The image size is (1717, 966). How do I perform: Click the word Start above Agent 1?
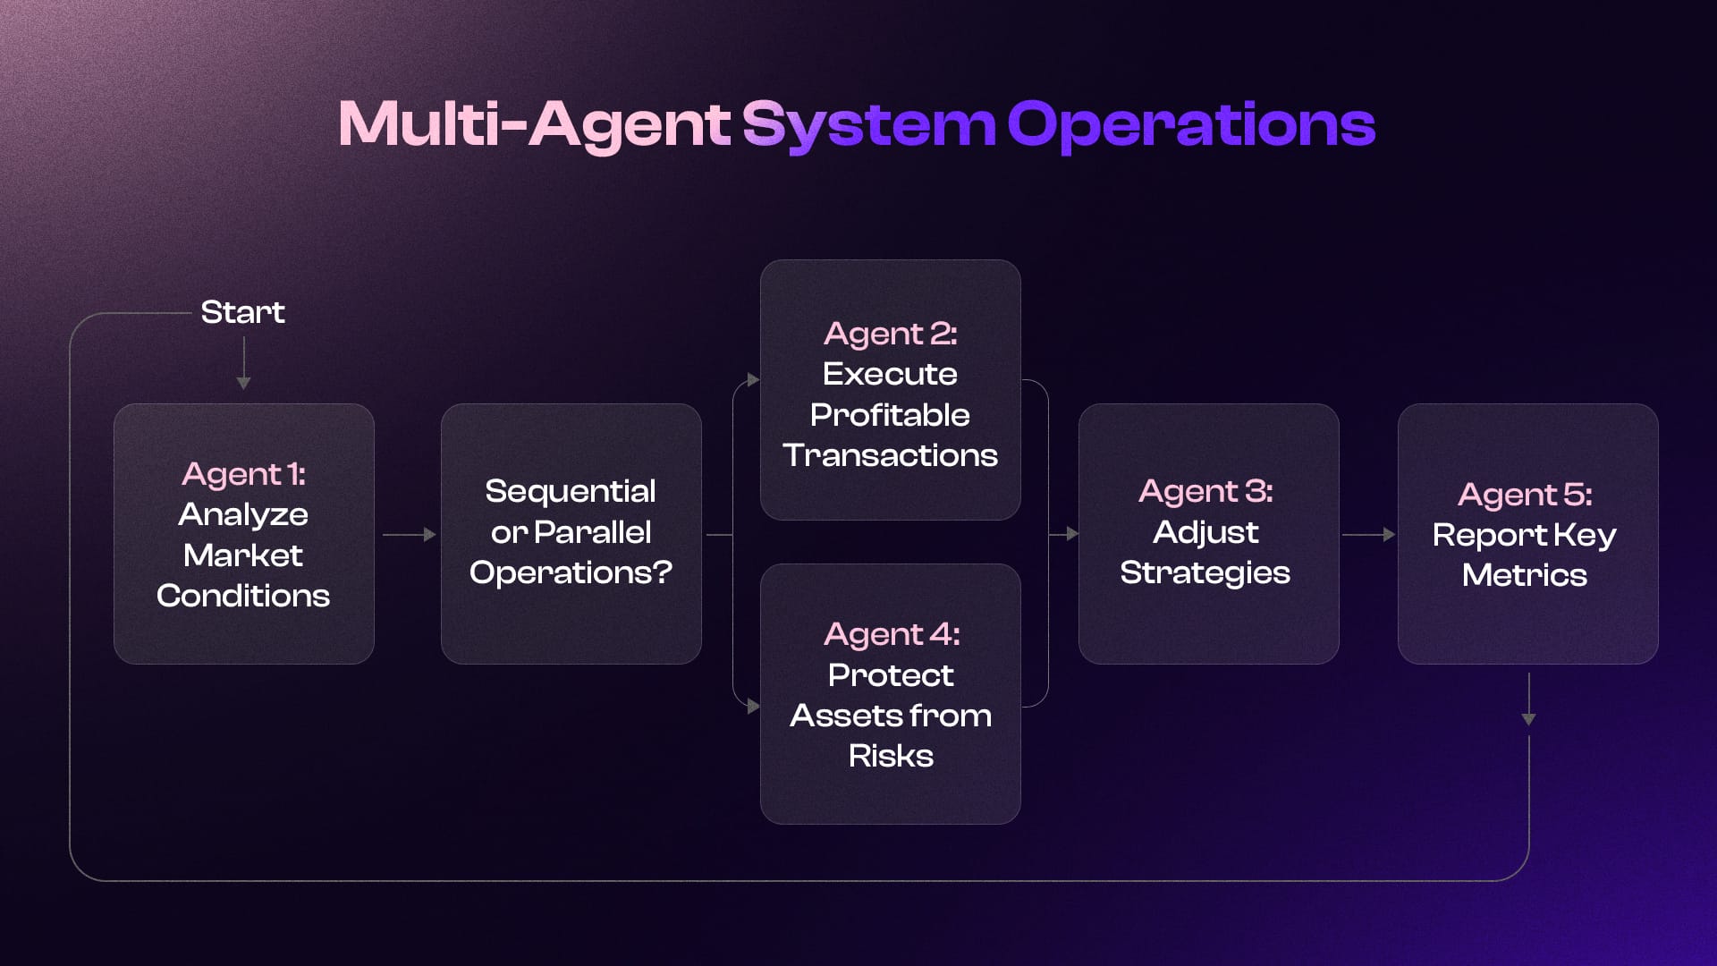pyautogui.click(x=242, y=312)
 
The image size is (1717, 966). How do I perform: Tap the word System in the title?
pyautogui.click(x=867, y=124)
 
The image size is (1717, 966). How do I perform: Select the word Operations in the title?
pyautogui.click(x=1190, y=124)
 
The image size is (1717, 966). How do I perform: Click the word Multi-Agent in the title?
pyautogui.click(x=534, y=124)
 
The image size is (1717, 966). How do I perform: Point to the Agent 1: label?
pyautogui.click(x=243, y=474)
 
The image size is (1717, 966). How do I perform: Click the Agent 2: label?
pyautogui.click(x=890, y=334)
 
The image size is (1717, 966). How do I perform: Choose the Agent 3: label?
pyautogui.click(x=1205, y=491)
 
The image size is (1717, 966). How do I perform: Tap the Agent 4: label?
pyautogui.click(x=891, y=634)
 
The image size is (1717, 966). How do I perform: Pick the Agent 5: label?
pyautogui.click(x=1525, y=495)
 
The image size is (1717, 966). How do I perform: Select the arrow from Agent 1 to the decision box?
pyautogui.click(x=409, y=535)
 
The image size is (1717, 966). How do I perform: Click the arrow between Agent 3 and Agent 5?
pyautogui.click(x=1368, y=535)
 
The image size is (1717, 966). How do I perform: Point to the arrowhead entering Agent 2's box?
pyautogui.click(x=753, y=380)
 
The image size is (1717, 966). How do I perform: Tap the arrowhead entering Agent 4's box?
pyautogui.click(x=753, y=707)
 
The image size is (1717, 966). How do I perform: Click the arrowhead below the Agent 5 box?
pyautogui.click(x=1528, y=719)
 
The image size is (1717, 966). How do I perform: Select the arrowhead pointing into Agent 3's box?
pyautogui.click(x=1072, y=535)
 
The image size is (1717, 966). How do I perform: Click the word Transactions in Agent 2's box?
pyautogui.click(x=890, y=455)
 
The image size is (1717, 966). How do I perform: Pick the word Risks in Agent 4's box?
pyautogui.click(x=891, y=756)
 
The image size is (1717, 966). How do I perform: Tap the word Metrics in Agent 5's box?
pyautogui.click(x=1524, y=575)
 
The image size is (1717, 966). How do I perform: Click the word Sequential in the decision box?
pyautogui.click(x=571, y=491)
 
